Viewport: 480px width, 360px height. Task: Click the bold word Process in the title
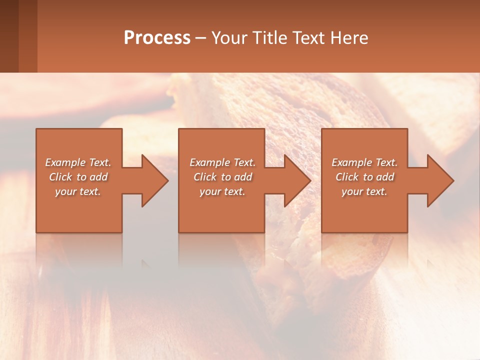click(157, 38)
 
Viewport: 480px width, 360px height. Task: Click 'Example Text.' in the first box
click(78, 162)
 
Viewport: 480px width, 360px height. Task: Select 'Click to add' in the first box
click(78, 177)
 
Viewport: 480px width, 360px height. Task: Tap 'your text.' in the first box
click(78, 191)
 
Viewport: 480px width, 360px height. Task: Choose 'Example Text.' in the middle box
click(222, 162)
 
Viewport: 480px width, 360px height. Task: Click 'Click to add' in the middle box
click(222, 177)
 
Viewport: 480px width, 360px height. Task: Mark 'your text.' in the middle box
click(222, 191)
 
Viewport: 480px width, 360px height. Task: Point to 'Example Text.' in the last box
click(364, 162)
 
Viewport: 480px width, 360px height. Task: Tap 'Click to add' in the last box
click(364, 177)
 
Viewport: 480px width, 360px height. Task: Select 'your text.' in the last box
click(364, 191)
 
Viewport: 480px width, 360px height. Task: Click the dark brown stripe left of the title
click(9, 36)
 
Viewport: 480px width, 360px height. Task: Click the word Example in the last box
click(352, 162)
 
